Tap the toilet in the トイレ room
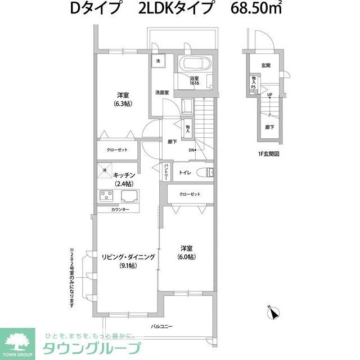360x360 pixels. pos(208,172)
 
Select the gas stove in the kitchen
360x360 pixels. pos(106,196)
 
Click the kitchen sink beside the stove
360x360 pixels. pos(128,196)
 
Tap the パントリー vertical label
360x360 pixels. pos(166,171)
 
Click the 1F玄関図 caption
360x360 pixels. pos(268,154)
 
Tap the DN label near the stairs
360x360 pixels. pos(191,150)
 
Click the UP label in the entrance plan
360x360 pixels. pos(270,94)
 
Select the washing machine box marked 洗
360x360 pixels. pos(158,61)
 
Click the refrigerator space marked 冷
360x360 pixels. pos(105,169)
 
